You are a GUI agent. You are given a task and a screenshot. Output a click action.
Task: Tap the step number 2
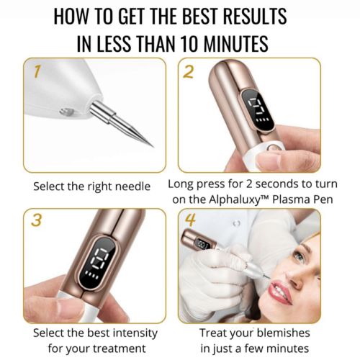coord(189,71)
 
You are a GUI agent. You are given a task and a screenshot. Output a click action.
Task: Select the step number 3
coord(36,222)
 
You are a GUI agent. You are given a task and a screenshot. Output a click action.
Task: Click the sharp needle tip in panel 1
coord(149,145)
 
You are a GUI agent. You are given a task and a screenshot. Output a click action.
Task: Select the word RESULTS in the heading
coord(249,16)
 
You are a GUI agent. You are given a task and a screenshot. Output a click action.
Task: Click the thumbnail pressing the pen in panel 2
coord(270,159)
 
